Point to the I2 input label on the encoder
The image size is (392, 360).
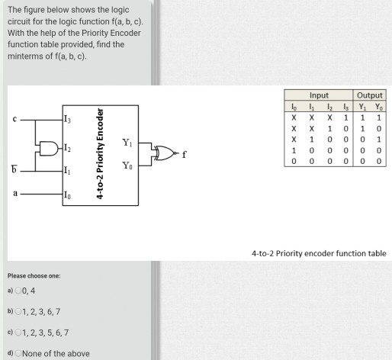pos(69,147)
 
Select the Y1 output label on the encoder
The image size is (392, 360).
pos(127,142)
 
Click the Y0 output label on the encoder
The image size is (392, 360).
pos(127,166)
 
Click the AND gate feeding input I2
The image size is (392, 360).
pos(49,147)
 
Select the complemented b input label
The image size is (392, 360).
pos(14,169)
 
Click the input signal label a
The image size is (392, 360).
pos(14,194)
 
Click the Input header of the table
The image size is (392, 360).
pos(320,96)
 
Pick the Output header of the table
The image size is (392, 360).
pos(370,96)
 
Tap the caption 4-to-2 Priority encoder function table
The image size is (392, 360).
pos(319,253)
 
